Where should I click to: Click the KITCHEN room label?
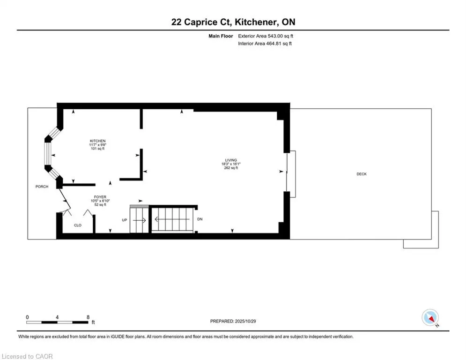tap(98, 141)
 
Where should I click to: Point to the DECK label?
tap(361, 174)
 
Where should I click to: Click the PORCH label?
tap(42, 187)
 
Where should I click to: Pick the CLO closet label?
tap(78, 225)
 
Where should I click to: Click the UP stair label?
tap(125, 219)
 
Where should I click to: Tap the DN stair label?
tap(200, 219)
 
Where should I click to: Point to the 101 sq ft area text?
tap(98, 149)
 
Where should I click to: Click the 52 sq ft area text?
tap(99, 205)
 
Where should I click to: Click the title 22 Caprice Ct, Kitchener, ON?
tap(233, 22)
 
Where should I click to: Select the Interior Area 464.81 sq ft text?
tap(266, 44)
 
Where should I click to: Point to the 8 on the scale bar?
tap(88, 317)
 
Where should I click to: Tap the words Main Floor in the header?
tap(221, 36)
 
